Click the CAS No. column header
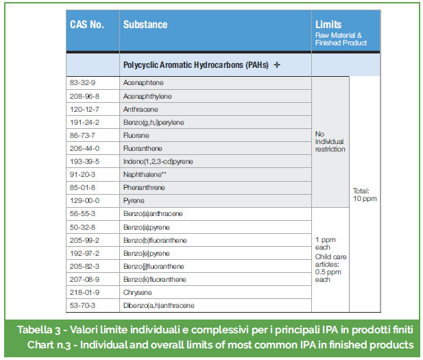click(x=87, y=25)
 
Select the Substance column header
click(x=145, y=25)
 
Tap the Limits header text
click(x=328, y=25)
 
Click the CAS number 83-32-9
click(x=83, y=82)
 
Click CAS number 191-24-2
click(x=85, y=122)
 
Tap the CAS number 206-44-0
click(x=85, y=148)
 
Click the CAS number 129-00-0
click(x=85, y=200)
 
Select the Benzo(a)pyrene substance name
click(x=146, y=227)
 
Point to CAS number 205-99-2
click(x=85, y=240)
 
